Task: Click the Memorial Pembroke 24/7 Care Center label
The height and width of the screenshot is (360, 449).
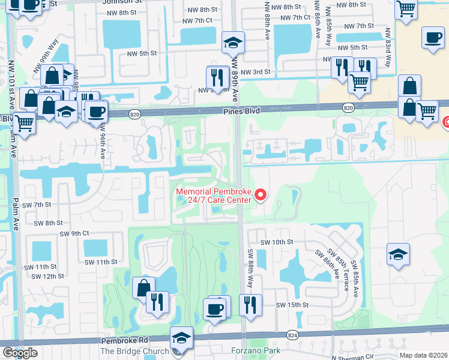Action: (213, 196)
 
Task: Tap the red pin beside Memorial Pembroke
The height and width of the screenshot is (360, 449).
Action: (261, 195)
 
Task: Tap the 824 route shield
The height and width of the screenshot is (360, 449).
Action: (292, 335)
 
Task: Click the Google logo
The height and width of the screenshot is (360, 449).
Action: (20, 353)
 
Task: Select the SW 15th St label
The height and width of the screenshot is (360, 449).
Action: (292, 305)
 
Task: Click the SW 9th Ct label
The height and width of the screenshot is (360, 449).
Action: (74, 233)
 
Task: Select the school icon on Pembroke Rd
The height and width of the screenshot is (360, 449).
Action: (181, 338)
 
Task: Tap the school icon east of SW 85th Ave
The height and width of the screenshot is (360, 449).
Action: (398, 254)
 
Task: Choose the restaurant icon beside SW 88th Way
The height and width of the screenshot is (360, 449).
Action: (250, 305)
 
